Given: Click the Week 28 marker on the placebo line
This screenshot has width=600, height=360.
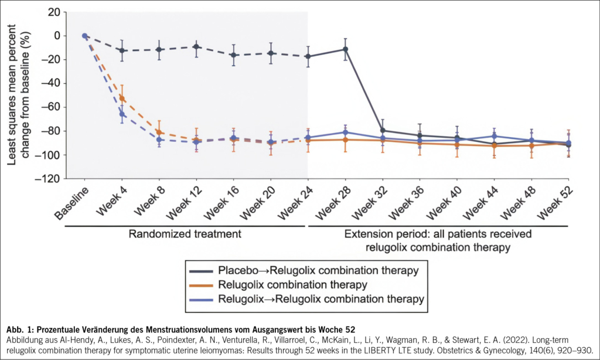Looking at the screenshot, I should pyautogui.click(x=345, y=49).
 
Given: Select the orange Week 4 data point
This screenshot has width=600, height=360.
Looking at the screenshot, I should pyautogui.click(x=122, y=98).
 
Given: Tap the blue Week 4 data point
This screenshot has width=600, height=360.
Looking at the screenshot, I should pyautogui.click(x=122, y=114).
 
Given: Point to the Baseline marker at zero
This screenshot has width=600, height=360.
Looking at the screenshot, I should pyautogui.click(x=84, y=36).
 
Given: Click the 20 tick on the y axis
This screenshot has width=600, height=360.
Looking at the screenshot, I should pyautogui.click(x=54, y=12).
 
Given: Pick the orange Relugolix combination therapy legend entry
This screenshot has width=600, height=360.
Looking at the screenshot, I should pyautogui.click(x=293, y=285).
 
